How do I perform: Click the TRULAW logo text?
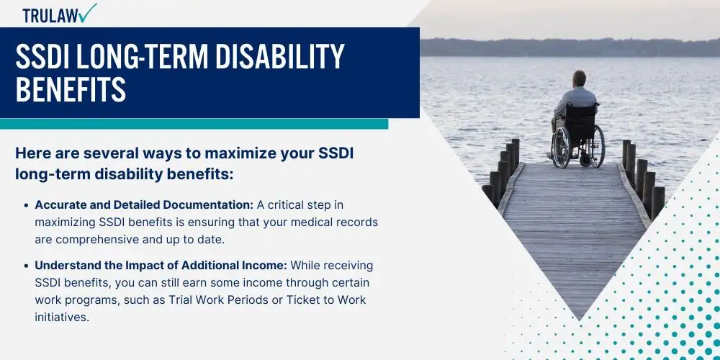(50, 16)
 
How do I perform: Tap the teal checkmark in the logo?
(88, 13)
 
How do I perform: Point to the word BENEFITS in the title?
(71, 89)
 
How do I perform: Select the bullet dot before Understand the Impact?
(26, 266)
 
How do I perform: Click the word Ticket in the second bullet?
(301, 300)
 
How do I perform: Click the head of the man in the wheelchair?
(579, 78)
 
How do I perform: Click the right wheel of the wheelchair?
(597, 146)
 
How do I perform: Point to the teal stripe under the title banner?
(194, 124)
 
